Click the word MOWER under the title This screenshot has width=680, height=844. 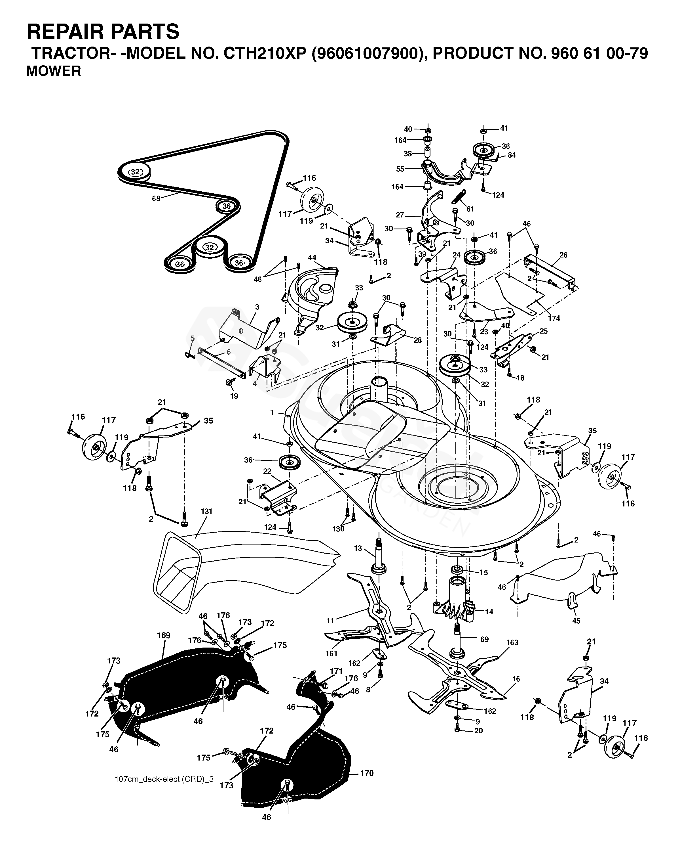tap(54, 71)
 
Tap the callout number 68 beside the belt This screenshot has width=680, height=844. tap(156, 198)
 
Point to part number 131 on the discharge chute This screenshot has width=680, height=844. tap(206, 511)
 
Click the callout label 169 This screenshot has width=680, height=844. tap(164, 635)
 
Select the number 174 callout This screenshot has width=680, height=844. tap(554, 319)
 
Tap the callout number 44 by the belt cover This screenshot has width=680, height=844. tap(312, 258)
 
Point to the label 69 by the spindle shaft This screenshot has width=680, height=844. tap(484, 639)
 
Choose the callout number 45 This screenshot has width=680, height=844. tap(576, 621)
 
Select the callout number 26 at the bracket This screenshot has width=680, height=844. tap(563, 255)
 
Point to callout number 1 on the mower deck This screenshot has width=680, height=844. tap(271, 413)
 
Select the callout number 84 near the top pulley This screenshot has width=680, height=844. tap(512, 155)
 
